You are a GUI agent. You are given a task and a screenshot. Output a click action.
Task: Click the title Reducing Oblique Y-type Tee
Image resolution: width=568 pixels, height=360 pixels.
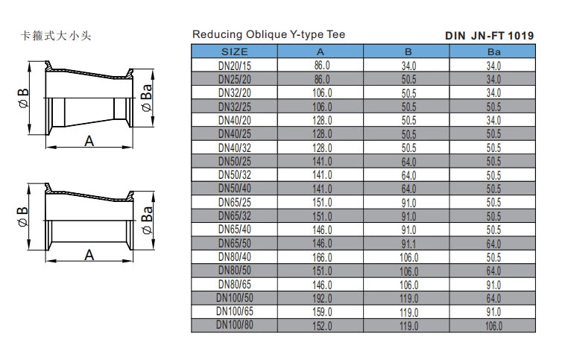click(268, 34)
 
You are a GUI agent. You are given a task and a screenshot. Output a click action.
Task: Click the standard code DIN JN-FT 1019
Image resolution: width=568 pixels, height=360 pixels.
click(489, 35)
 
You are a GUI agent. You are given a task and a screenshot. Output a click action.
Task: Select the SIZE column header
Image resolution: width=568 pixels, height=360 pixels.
click(236, 51)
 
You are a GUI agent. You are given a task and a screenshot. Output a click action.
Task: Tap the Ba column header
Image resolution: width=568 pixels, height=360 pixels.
click(493, 51)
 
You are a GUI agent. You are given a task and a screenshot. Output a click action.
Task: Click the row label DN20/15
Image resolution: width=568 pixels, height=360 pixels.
click(236, 66)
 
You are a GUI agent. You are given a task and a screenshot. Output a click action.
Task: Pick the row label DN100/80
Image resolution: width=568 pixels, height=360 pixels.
click(236, 325)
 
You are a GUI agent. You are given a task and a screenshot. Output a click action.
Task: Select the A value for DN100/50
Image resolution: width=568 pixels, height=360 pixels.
click(322, 298)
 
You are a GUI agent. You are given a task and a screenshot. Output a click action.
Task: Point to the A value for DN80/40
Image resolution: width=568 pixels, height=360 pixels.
click(322, 257)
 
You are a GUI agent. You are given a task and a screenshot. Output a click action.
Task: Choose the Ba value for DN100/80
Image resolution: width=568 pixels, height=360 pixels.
click(493, 326)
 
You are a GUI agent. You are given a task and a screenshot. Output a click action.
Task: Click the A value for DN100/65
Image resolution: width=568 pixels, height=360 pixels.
click(322, 312)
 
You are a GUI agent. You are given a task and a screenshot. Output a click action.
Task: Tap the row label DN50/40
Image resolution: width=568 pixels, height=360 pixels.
click(236, 189)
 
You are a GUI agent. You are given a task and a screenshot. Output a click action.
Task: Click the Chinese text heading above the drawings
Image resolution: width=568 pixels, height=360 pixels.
click(56, 36)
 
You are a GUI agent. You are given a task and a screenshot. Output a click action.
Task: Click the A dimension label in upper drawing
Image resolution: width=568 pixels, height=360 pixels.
click(89, 141)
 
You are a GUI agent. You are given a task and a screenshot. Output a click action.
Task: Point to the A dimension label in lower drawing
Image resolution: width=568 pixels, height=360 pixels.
click(89, 254)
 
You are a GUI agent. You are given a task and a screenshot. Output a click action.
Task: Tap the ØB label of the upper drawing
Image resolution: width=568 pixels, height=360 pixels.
click(25, 99)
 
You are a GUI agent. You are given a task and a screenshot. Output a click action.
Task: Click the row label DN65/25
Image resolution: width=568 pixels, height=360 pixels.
click(236, 202)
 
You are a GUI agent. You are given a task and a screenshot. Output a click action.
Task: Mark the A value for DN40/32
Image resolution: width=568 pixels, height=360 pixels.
click(322, 148)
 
